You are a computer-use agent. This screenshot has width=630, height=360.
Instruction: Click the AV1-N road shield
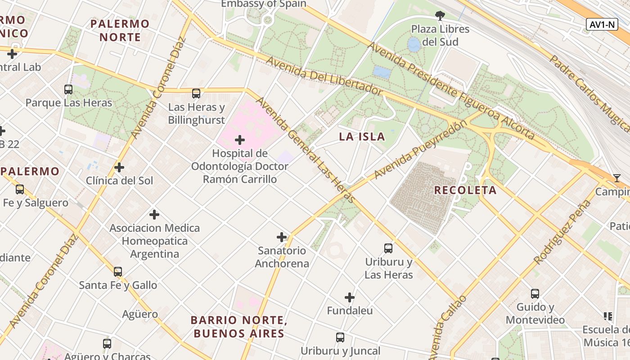tap(602, 24)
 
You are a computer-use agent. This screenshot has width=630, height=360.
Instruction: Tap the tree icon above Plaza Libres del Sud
tap(440, 16)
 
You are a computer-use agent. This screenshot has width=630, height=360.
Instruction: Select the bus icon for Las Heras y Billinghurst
tap(196, 94)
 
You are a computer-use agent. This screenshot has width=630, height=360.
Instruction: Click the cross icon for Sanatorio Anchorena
tap(282, 237)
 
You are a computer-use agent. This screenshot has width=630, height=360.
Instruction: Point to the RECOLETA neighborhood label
tap(465, 190)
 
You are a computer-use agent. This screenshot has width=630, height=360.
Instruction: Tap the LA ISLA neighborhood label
tap(362, 137)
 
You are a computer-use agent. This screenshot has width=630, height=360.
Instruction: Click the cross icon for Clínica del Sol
tap(119, 167)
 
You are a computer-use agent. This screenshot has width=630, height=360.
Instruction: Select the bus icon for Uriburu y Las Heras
tap(388, 248)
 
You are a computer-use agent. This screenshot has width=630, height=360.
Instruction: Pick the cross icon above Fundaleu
tap(350, 297)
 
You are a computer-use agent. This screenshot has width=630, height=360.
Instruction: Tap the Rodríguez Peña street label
tap(562, 232)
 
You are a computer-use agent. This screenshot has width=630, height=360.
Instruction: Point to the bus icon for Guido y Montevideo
tap(535, 294)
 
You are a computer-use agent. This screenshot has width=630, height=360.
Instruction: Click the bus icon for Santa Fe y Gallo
tap(118, 272)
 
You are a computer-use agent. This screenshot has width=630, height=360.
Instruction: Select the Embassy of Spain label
tap(264, 4)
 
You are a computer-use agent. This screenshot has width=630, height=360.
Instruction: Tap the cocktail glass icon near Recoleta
tap(616, 178)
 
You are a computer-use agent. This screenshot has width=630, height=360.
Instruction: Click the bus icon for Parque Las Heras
tap(68, 90)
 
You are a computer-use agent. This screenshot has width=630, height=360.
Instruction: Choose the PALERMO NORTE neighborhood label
tap(120, 30)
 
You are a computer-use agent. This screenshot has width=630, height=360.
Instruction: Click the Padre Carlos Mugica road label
tap(589, 93)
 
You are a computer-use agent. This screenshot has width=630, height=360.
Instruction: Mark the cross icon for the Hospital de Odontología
tap(240, 140)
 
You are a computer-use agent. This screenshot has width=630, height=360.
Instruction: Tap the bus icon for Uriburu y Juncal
tap(340, 337)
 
